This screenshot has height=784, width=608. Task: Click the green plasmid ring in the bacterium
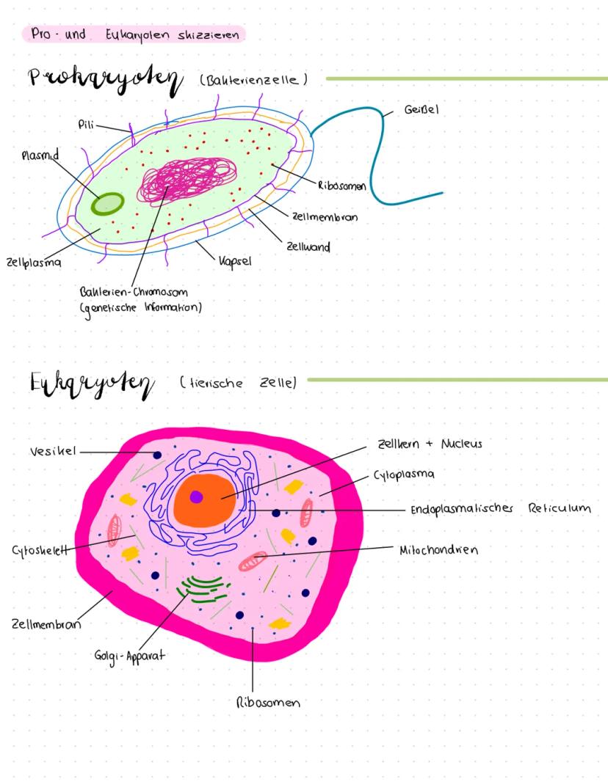click(x=107, y=202)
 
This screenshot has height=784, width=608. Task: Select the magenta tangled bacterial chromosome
click(x=180, y=180)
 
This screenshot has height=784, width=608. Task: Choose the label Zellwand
click(x=308, y=247)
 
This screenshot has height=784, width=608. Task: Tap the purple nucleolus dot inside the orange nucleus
click(x=196, y=497)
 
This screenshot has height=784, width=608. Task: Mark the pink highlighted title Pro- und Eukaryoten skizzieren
click(x=134, y=34)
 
